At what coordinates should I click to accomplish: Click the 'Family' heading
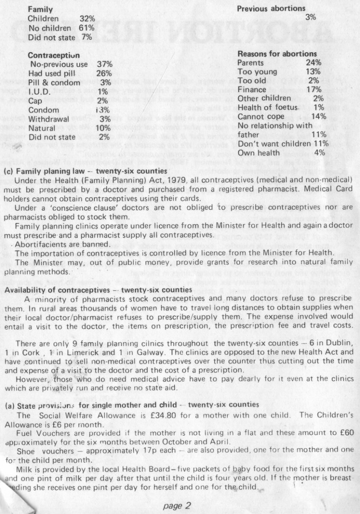point(40,9)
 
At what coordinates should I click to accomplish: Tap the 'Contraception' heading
point(54,55)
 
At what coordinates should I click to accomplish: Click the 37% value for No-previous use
point(104,64)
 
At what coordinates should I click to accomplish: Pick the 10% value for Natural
point(104,128)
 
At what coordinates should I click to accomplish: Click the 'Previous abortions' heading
point(271,8)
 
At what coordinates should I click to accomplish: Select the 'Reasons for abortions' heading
point(277,54)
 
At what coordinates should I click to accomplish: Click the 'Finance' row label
point(251,90)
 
